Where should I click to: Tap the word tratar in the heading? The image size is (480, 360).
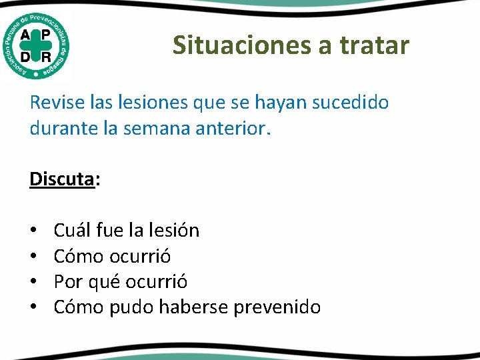375,45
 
